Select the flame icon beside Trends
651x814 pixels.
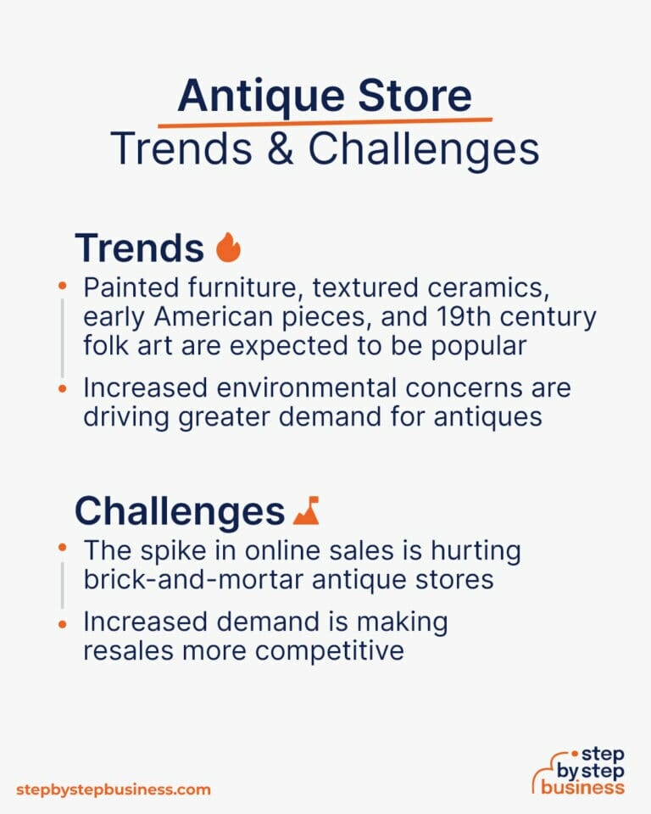(x=228, y=248)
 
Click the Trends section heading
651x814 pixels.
(x=139, y=248)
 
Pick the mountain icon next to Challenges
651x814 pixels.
(x=306, y=510)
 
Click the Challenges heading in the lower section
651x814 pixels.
(x=179, y=511)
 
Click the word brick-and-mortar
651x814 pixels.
(x=202, y=580)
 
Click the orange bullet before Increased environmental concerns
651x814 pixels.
(x=62, y=388)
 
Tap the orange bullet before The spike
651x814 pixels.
(x=62, y=550)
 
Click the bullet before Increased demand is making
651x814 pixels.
(x=62, y=623)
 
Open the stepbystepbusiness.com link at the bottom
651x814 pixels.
(x=113, y=789)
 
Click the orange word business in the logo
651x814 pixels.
(x=584, y=787)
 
